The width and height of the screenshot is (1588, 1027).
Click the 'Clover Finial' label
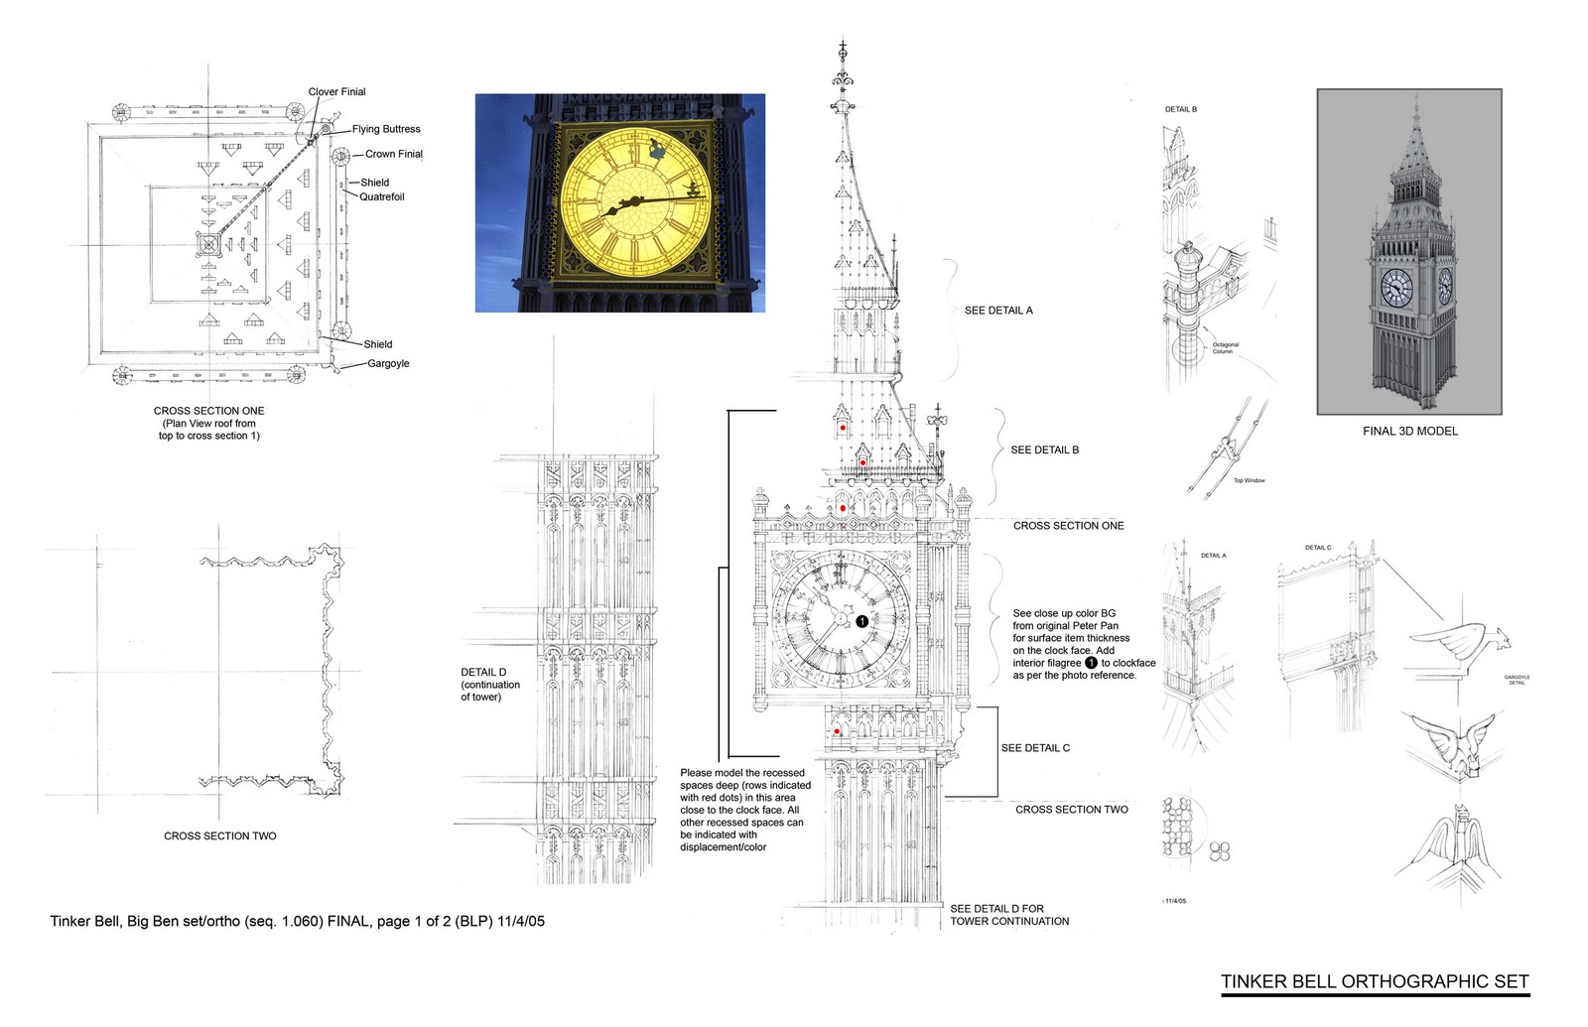(336, 92)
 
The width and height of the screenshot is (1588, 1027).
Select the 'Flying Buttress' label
(386, 129)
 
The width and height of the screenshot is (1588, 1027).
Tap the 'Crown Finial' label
(393, 154)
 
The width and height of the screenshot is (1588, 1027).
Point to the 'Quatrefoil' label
(381, 196)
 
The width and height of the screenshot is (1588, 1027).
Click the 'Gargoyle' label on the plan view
(388, 363)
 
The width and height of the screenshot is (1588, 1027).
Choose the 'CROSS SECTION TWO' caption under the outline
(220, 835)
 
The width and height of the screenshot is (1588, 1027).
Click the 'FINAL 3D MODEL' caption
(1409, 431)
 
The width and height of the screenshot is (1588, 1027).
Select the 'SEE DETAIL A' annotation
(998, 311)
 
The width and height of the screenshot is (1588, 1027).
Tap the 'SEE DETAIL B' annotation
(1044, 449)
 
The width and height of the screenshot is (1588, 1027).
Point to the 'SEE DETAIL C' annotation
(1035, 748)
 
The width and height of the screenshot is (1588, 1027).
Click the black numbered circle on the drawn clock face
(861, 621)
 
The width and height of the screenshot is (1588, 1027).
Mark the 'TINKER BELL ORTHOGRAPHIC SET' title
(1375, 982)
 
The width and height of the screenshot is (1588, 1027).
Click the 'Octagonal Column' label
(1225, 348)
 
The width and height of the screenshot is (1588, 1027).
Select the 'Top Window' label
(1249, 480)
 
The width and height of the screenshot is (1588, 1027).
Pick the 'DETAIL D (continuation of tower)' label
(489, 685)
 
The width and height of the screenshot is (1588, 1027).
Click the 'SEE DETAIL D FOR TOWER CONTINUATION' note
(1009, 915)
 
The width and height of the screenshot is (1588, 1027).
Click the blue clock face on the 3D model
(1396, 287)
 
